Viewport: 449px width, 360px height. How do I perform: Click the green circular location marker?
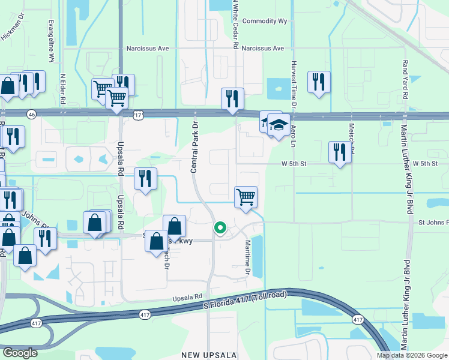pyautogui.click(x=220, y=228)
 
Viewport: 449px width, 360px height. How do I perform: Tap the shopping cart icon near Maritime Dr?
pyautogui.click(x=246, y=197)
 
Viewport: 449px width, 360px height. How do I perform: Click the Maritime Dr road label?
pyautogui.click(x=247, y=259)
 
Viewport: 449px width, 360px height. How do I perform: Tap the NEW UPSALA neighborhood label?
pyautogui.click(x=209, y=355)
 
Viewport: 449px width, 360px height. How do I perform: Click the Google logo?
pyautogui.click(x=20, y=353)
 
